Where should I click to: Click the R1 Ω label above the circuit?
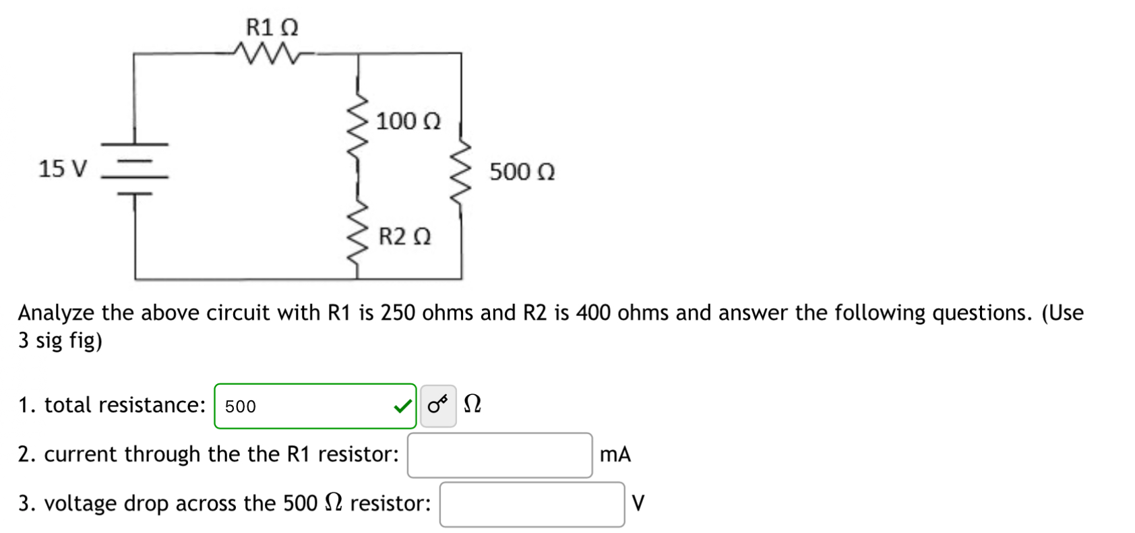272,28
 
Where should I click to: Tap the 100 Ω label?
408,121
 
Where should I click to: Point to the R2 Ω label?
404,237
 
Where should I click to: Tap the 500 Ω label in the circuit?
522,172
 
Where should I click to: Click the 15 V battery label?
63,168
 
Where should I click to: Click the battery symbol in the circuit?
135,168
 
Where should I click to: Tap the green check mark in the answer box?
402,406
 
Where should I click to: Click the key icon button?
438,406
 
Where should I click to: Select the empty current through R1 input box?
499,455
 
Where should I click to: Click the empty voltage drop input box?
532,504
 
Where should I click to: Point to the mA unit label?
615,455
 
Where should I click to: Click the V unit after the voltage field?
638,503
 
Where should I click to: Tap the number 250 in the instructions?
397,313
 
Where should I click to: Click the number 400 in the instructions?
592,313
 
